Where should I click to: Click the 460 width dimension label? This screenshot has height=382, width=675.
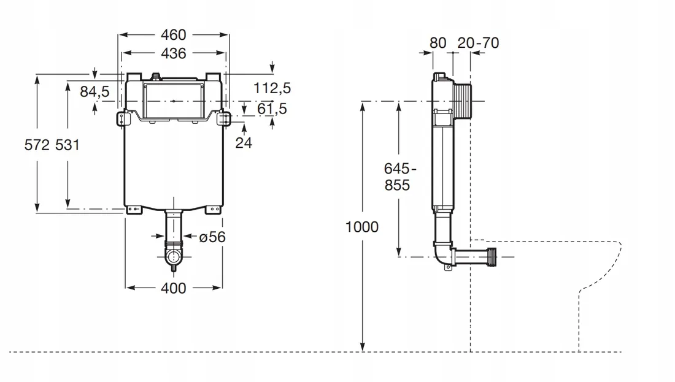[x=173, y=35]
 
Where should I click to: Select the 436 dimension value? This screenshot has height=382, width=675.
[x=173, y=53]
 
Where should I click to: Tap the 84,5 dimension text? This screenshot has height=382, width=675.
[x=94, y=91]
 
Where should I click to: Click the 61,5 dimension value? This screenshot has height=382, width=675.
[x=272, y=109]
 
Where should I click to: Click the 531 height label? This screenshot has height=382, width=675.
[x=67, y=145]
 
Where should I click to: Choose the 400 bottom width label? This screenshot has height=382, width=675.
[x=173, y=288]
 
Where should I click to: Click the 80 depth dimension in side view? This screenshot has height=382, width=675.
[x=438, y=42]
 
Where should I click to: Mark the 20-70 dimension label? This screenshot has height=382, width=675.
[x=479, y=42]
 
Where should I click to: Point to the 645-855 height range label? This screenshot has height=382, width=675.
[x=397, y=177]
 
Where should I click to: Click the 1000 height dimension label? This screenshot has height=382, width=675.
[x=362, y=227]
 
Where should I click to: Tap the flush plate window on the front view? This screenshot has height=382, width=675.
[x=174, y=101]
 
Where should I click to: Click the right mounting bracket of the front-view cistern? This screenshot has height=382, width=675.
[x=224, y=118]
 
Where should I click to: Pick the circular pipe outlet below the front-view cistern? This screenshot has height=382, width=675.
[x=174, y=255]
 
